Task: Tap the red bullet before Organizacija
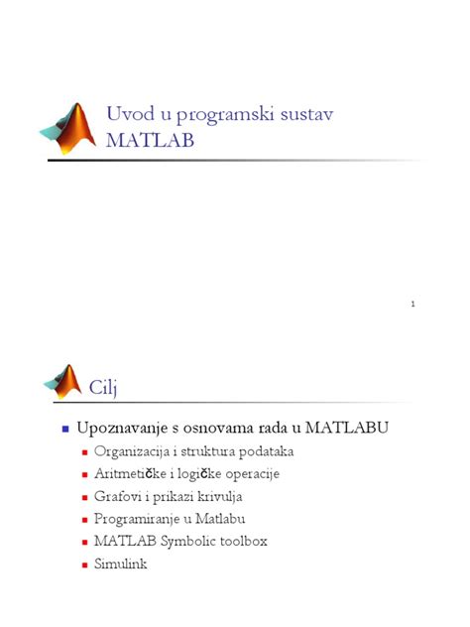point(85,452)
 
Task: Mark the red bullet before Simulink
point(85,565)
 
